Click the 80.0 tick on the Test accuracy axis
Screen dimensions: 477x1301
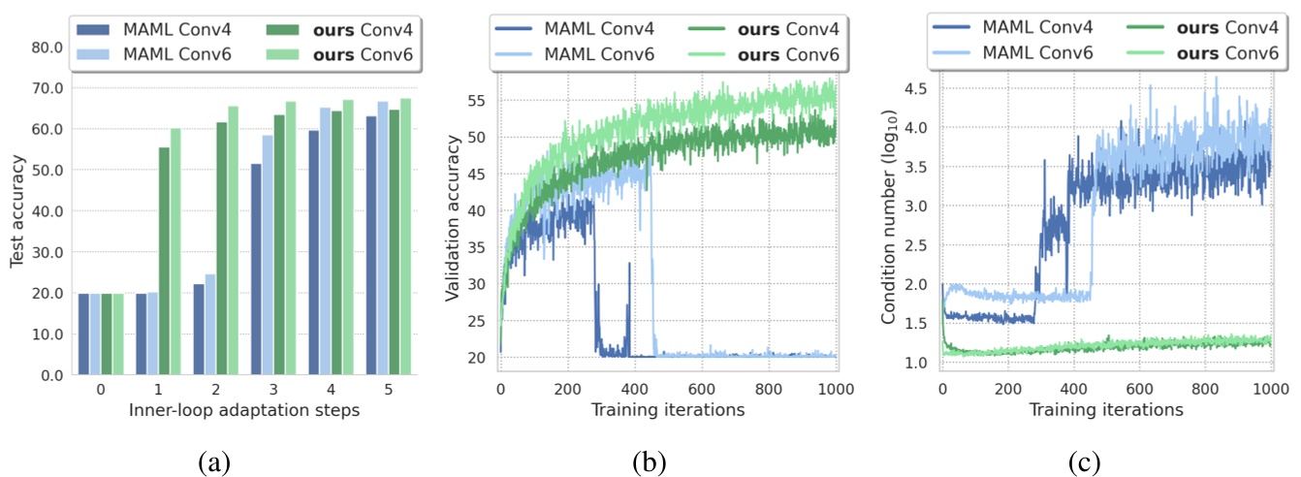[48, 48]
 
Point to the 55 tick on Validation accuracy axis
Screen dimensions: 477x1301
[480, 100]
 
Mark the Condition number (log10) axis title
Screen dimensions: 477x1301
[889, 219]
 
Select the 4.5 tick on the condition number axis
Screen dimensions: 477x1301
[914, 88]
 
